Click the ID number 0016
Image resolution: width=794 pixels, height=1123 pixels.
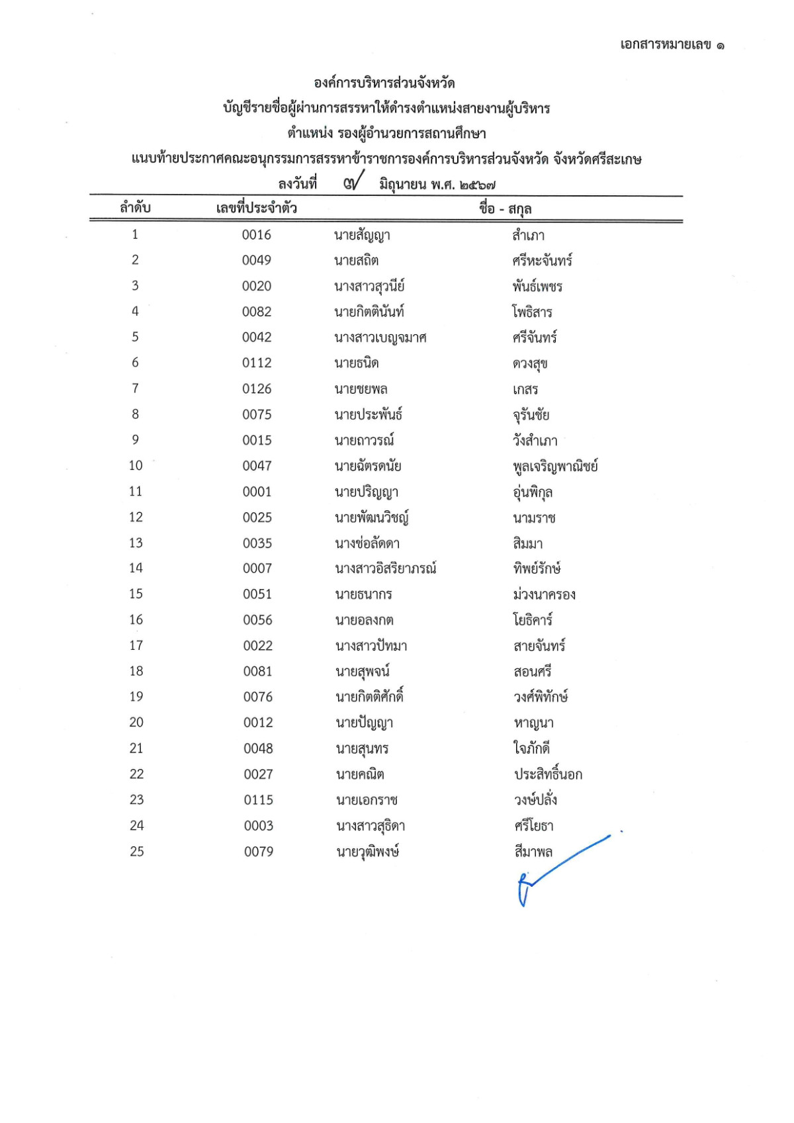[256, 235]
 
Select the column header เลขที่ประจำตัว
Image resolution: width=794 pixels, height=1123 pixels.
[256, 208]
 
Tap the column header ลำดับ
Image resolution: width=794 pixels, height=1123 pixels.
[135, 208]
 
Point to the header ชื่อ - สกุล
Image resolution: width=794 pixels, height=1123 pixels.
[506, 209]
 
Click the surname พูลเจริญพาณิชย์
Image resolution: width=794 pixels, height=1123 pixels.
[555, 467]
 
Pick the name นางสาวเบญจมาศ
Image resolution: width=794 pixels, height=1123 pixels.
[380, 337]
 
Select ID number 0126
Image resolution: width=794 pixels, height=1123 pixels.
[257, 389]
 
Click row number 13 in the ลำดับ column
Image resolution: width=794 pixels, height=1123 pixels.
[136, 543]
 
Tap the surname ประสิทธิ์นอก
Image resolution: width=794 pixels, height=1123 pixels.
[548, 774]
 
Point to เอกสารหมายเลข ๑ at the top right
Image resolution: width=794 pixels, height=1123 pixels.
[672, 45]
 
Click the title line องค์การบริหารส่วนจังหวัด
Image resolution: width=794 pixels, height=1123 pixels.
[384, 83]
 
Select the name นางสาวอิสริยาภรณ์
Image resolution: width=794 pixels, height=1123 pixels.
[385, 568]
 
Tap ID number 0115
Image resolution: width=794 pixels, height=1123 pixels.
[258, 800]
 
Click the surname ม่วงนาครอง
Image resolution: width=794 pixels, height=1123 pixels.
[544, 594]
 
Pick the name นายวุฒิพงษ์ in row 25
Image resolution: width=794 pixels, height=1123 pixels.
[367, 852]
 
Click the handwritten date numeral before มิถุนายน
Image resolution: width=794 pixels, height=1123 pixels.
[353, 181]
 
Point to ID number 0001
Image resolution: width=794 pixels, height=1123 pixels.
[257, 492]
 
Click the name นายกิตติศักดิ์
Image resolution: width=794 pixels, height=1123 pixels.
[369, 697]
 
